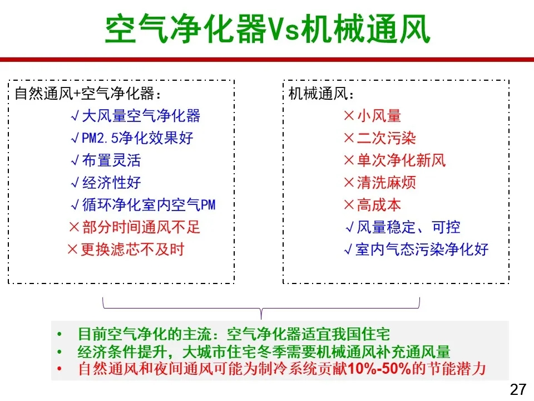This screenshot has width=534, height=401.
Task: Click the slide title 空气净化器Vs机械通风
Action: pyautogui.click(x=268, y=28)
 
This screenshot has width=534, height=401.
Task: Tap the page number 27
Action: pyautogui.click(x=518, y=389)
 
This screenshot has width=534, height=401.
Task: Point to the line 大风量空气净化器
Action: pyautogui.click(x=141, y=116)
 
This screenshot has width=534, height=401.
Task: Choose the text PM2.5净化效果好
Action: pyautogui.click(x=137, y=138)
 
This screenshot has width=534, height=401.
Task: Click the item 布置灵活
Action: pyautogui.click(x=111, y=160)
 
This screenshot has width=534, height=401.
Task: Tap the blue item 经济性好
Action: pyautogui.click(x=111, y=183)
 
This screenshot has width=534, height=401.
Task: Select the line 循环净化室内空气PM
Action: pyautogui.click(x=149, y=204)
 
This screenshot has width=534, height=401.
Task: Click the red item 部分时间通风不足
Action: pyautogui.click(x=141, y=227)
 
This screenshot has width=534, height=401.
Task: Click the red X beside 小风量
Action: pyautogui.click(x=349, y=116)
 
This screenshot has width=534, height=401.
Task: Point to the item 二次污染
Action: pyautogui.click(x=387, y=138)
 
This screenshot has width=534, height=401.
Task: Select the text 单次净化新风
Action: pyautogui.click(x=401, y=160)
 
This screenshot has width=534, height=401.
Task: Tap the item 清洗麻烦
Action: pyautogui.click(x=387, y=183)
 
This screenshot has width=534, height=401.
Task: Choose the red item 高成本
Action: pyautogui.click(x=379, y=204)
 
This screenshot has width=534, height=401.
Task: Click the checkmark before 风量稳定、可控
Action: pyautogui.click(x=350, y=227)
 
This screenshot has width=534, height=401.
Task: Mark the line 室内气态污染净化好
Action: pyautogui.click(x=422, y=250)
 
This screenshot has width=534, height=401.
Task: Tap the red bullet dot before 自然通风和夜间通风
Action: pyautogui.click(x=60, y=369)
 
